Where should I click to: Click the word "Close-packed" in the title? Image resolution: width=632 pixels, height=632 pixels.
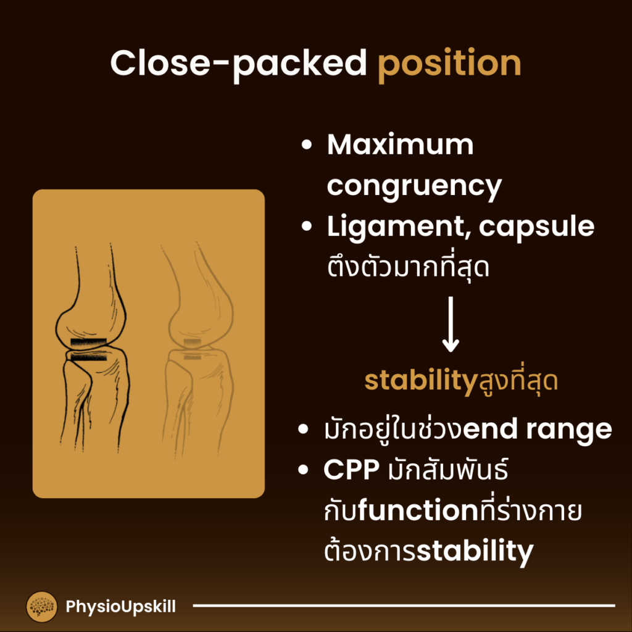[x=238, y=64]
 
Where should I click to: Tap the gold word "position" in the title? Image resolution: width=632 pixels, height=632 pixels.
[x=449, y=64]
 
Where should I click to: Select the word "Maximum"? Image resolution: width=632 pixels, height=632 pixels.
[x=400, y=146]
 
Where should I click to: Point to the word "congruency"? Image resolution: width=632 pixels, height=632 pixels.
[x=414, y=186]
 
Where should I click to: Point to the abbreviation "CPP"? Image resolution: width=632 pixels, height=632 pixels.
[x=351, y=470]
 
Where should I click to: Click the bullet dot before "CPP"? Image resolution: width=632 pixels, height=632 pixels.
[x=304, y=471]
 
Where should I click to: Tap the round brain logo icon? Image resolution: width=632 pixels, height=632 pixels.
[x=42, y=607]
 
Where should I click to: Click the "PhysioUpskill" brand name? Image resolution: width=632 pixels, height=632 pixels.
[x=120, y=607]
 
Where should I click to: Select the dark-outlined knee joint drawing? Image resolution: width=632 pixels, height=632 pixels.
[x=93, y=346]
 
